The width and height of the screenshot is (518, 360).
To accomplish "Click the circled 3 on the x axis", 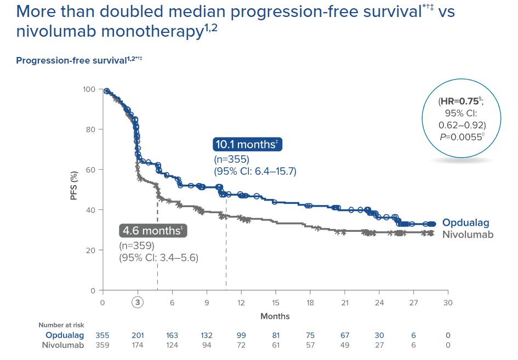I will pos(138,303).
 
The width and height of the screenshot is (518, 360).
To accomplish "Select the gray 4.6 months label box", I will pos(153,231).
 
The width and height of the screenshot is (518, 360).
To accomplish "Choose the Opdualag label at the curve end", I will pos(465,223).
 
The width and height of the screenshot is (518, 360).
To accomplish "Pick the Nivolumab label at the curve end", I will pos(468,235).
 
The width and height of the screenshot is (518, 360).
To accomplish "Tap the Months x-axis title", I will pos(275,316).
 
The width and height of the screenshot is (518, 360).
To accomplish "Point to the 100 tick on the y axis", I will pos(89,89).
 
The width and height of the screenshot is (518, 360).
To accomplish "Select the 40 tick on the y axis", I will pos(92,210).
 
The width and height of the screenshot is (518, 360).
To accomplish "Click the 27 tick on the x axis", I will pos(413,302).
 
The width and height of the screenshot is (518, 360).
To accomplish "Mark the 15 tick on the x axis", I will pos(275,302).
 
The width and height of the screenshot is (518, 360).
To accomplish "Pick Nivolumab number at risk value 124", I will pos(172,345).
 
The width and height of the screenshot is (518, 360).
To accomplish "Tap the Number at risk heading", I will pos(61,325).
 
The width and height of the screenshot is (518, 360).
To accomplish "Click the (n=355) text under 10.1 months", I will pos(231,160).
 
